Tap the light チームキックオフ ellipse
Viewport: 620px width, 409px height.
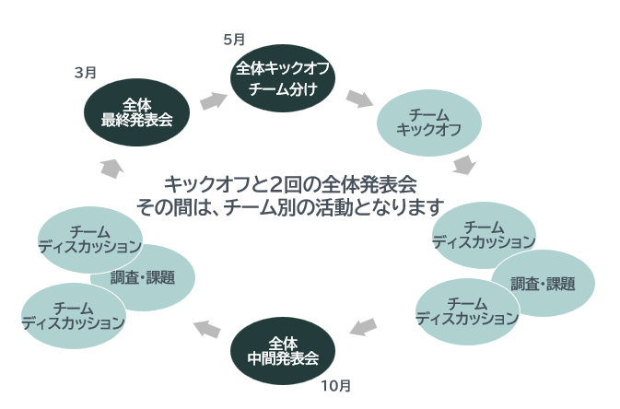[x=427, y=123]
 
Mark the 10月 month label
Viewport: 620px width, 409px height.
[x=336, y=385]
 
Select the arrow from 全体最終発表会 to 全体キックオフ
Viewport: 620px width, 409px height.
[x=213, y=99]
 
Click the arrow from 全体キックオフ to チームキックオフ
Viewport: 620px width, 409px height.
[x=359, y=98]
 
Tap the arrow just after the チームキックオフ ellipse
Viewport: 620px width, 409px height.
[x=464, y=166]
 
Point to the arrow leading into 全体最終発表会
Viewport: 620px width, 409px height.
[x=111, y=166]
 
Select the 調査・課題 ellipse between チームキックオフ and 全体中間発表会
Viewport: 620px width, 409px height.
[x=544, y=284]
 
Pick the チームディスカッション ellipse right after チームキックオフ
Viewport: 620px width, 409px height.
[x=484, y=235]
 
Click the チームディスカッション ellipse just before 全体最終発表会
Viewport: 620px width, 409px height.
[x=90, y=240]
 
